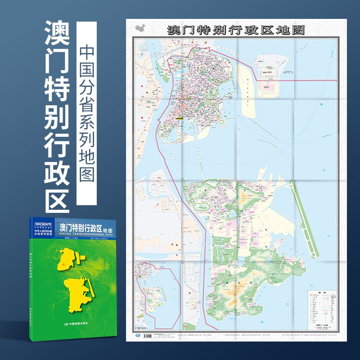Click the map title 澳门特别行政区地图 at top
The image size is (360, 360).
[236, 29]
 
